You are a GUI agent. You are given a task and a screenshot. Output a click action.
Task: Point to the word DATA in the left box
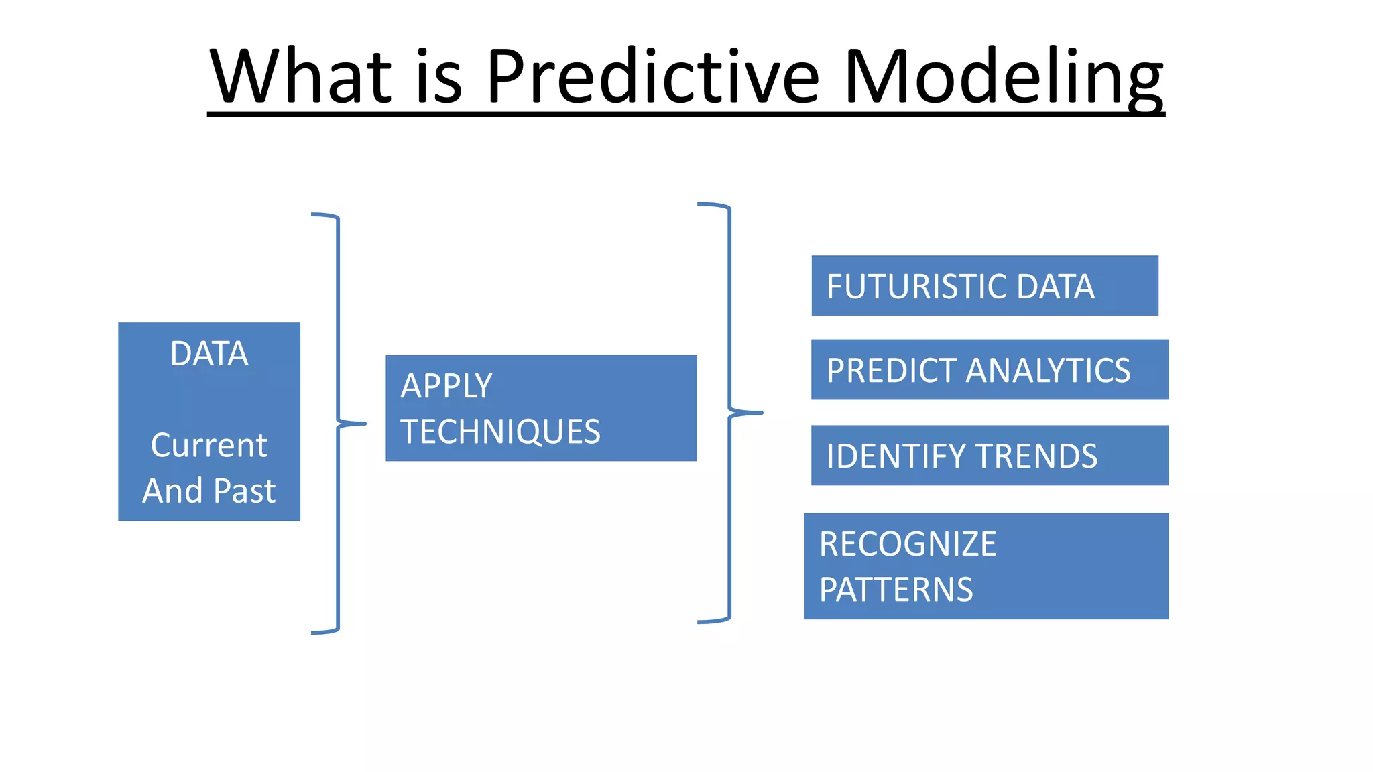point(209,354)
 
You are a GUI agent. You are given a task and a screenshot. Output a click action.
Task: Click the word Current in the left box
point(209,445)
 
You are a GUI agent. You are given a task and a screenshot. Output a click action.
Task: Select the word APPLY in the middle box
point(446,386)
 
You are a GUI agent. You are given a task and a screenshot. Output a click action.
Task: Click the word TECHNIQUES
point(500,432)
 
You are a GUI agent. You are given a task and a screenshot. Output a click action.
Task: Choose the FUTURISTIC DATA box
point(984,285)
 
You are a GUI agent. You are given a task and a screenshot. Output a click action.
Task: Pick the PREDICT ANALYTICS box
point(990,370)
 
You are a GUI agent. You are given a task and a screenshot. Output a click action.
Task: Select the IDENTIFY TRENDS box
point(990,455)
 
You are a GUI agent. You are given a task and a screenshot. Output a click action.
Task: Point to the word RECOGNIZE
point(908,544)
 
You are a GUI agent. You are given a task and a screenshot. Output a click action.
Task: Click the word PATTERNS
point(896,590)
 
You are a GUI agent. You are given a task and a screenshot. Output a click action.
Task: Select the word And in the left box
point(172,491)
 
